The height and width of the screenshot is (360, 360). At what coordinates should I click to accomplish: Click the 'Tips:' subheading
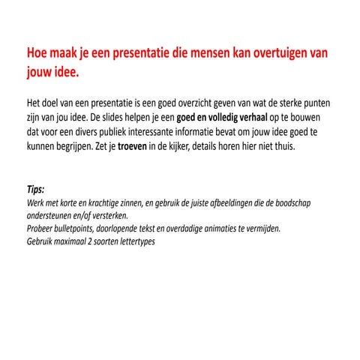(x=35, y=190)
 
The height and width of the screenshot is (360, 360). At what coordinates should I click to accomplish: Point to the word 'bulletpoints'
(x=77, y=228)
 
